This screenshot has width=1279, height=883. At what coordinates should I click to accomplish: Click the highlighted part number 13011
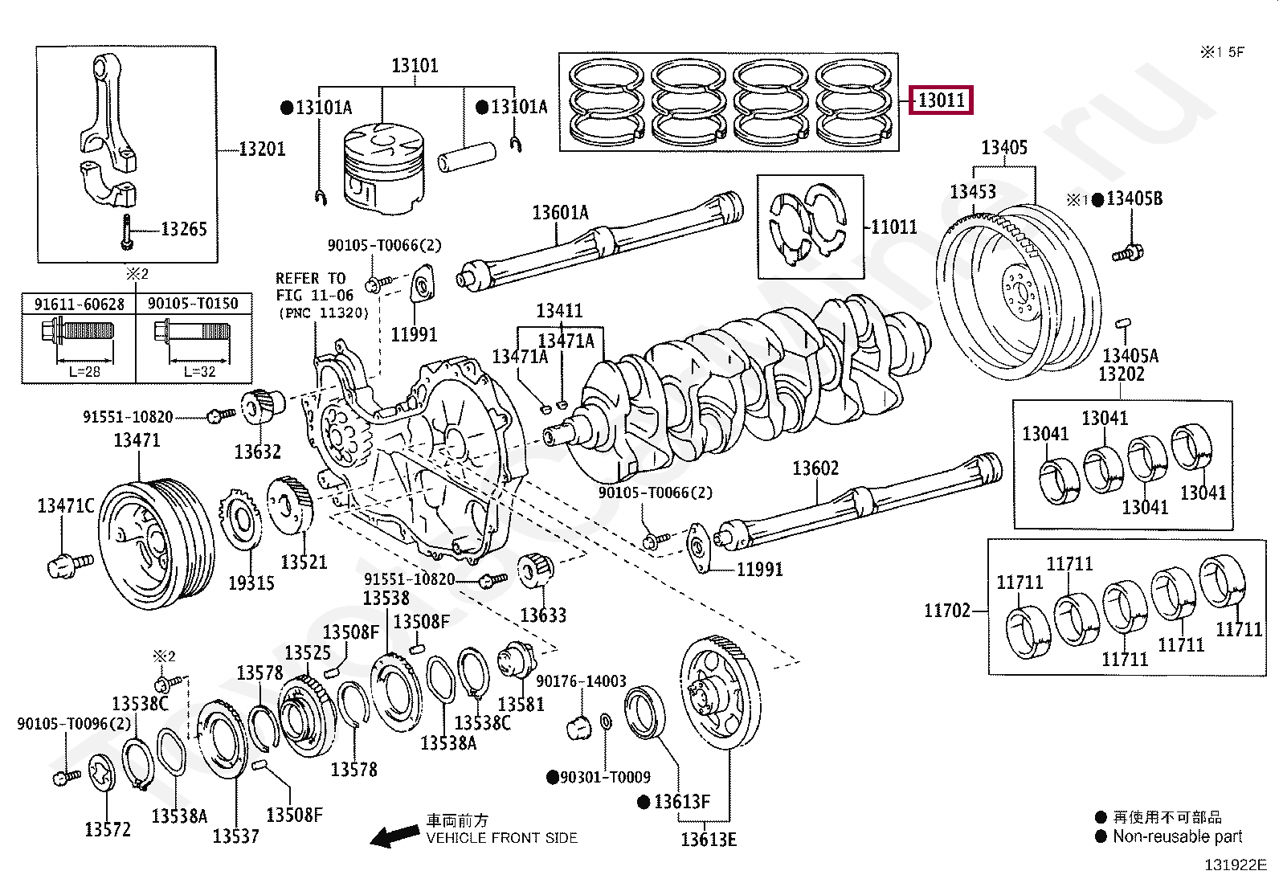(941, 100)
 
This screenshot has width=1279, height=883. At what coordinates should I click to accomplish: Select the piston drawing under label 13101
(383, 171)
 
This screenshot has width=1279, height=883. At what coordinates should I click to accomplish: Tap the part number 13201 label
(262, 149)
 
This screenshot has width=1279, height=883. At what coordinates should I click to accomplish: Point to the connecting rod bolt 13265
(127, 232)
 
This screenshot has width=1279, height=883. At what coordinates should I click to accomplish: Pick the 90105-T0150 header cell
(193, 304)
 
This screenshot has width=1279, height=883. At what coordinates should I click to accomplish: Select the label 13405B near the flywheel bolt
(1134, 198)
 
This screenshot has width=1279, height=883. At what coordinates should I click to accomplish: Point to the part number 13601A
(560, 212)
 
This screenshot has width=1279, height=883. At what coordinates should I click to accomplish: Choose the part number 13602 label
(815, 468)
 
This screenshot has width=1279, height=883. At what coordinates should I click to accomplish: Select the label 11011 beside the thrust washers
(894, 227)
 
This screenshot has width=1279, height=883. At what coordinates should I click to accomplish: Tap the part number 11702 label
(947, 611)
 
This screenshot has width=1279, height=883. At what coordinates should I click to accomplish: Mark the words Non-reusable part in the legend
(1177, 836)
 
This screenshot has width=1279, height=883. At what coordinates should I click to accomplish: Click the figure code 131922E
(1234, 865)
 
